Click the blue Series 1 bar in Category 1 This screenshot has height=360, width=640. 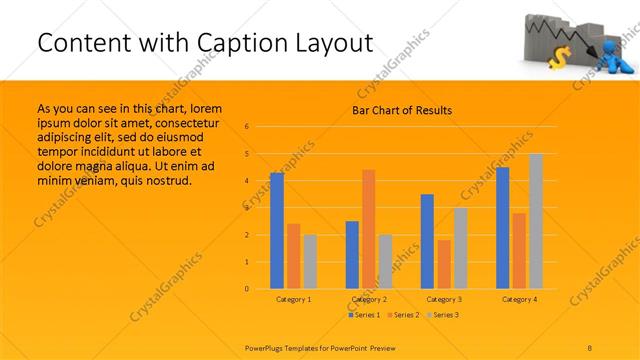pos(277,231)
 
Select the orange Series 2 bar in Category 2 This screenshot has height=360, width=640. pos(369,229)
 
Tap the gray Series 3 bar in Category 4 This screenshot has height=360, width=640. pos(536,221)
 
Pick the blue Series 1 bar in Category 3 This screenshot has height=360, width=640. pos(427,241)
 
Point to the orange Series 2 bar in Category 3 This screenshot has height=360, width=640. pos(444,264)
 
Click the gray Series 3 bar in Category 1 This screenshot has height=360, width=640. pos(310,262)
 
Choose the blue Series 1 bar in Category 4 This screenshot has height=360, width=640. pos(502,228)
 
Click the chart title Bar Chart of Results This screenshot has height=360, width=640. pos(402,110)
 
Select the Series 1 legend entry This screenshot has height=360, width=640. pos(364,315)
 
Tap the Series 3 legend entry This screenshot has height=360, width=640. pos(444,315)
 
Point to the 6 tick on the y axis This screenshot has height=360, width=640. pos(246,127)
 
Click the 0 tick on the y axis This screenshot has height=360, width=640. pos(246,289)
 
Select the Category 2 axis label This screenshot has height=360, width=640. pos(368,299)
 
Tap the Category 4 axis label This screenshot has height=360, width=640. pos(519,299)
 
